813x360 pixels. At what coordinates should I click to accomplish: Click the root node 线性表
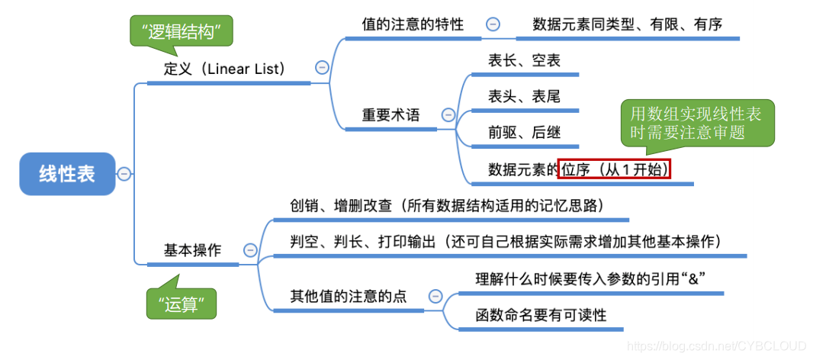pos(67,174)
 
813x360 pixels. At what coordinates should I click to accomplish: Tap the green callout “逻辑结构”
pos(176,32)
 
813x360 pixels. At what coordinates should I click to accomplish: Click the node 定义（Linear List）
pos(224,69)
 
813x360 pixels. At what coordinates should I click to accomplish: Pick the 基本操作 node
pos(192,250)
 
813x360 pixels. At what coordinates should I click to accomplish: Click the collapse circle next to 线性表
pos(124,174)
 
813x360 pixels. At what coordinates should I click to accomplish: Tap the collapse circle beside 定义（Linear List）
pos(322,68)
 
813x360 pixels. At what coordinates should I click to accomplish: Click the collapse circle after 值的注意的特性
pos(493,24)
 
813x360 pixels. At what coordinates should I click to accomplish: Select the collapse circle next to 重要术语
pos(448,115)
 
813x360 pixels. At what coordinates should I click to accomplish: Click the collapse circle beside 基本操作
pos(249,249)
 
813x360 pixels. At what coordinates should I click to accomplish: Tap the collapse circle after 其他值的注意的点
pos(435,296)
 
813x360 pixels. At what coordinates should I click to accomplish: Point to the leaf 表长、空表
pos(524,60)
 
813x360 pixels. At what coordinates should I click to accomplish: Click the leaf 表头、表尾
pos(524,96)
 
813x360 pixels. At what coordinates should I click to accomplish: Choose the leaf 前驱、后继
pos(524,133)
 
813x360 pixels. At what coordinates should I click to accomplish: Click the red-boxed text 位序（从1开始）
pos(614,169)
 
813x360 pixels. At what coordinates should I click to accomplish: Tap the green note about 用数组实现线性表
pos(696,123)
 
